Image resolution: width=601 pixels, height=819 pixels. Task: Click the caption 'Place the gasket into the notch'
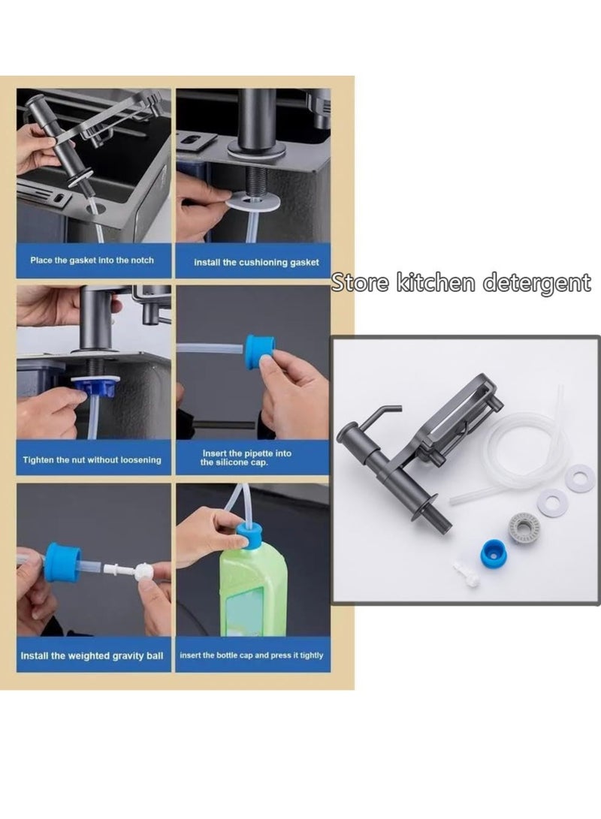click(92, 260)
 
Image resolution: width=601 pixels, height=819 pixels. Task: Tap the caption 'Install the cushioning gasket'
click(256, 262)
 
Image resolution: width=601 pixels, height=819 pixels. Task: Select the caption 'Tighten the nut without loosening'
click(92, 459)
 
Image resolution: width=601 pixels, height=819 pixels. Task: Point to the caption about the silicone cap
click(246, 458)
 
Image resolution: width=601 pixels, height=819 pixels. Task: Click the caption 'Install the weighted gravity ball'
click(92, 655)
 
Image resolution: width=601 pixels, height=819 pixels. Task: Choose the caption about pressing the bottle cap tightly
click(252, 655)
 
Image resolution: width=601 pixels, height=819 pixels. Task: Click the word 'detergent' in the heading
click(537, 283)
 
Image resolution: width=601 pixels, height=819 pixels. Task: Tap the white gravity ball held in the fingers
click(143, 571)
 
